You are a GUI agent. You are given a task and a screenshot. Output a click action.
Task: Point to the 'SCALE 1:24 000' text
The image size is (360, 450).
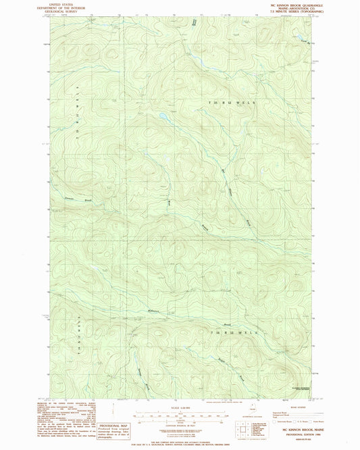click(x=180, y=407)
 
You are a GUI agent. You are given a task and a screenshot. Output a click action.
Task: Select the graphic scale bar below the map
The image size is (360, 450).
click(x=180, y=414)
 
